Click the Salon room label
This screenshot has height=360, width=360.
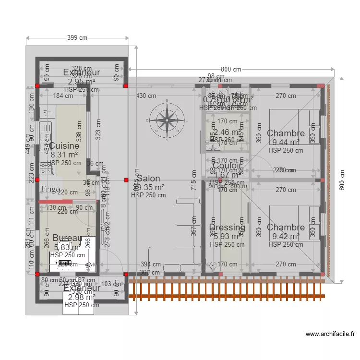148,179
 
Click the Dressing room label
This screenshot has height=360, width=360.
227,228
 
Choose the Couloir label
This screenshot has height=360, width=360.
228,166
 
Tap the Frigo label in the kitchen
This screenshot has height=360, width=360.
51,189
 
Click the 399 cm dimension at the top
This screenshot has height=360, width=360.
77,38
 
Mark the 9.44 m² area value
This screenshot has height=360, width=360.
286,142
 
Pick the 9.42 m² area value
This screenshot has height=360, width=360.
286,236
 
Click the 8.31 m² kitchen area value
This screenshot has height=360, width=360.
64,155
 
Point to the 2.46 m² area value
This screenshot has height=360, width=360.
227,132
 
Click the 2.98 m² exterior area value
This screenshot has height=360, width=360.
82,297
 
